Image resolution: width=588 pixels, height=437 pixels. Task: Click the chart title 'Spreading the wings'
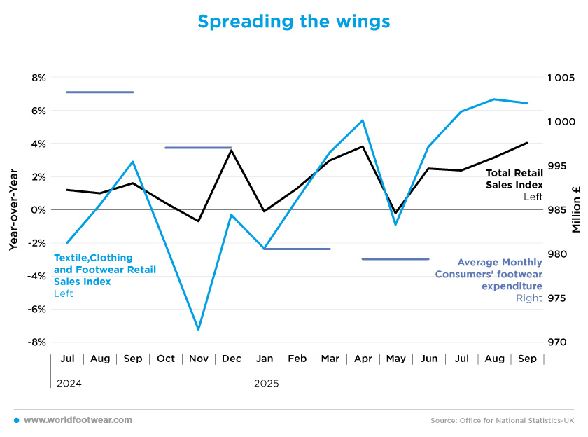pos(293,22)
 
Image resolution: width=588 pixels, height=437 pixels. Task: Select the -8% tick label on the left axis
pos(36,342)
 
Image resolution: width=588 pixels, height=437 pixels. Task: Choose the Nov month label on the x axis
pos(199,359)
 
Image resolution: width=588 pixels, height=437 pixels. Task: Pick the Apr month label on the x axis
pos(363,359)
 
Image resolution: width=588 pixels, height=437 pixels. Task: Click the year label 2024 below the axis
pos(69,384)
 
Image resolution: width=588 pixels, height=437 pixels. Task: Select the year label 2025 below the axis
pos(266,384)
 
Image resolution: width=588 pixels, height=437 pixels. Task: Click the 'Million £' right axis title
pos(576,210)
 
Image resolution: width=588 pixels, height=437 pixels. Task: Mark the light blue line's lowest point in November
pos(199,329)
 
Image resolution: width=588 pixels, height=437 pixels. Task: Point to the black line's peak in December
pos(232,150)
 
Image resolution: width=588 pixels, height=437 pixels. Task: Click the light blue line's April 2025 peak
pos(363,120)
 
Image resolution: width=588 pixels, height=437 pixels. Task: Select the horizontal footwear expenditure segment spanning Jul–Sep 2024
pos(99,92)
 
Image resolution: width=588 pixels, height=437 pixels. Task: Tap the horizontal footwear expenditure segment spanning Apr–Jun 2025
pos(395,259)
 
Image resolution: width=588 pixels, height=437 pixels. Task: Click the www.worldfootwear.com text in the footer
pos(78,420)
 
